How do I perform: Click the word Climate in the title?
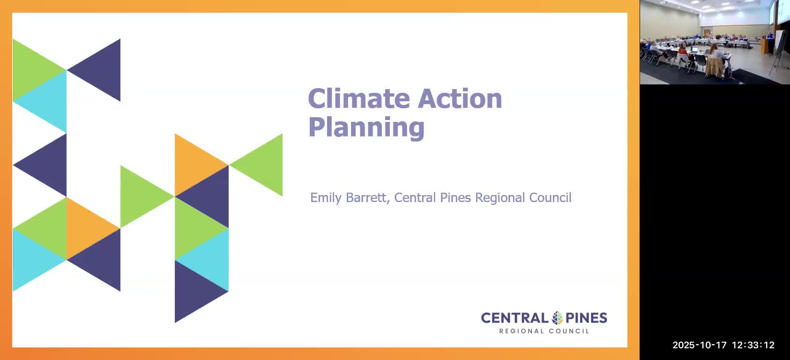coord(359,99)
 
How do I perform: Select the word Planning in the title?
coord(366,127)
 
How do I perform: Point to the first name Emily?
coord(326,198)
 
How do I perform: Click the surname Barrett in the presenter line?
coord(367,198)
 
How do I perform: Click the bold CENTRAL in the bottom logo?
coord(514,318)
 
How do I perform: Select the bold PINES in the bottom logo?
coord(586,318)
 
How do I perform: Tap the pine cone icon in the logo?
coord(557,318)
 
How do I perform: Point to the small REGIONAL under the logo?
coord(522,331)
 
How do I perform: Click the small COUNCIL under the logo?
coord(569,331)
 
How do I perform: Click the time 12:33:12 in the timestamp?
coord(753,345)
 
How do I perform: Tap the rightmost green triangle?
coord(265,165)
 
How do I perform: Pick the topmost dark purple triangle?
coord(102,70)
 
